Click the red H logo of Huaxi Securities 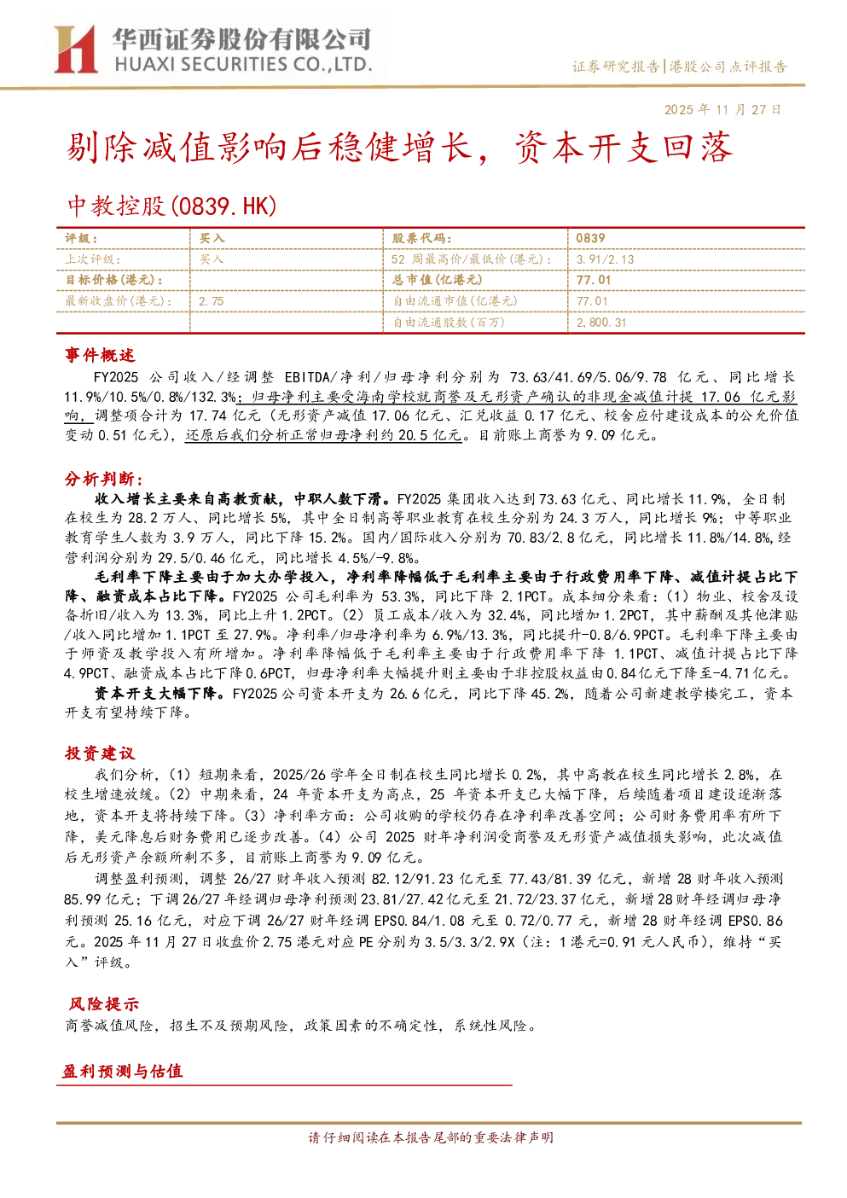(x=75, y=49)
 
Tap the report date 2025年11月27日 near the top (x=722, y=109)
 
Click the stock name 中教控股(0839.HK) (x=171, y=206)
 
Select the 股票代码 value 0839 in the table (x=590, y=238)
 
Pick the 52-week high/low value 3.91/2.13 (x=605, y=259)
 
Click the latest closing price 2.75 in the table (x=212, y=301)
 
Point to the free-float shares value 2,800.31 (x=601, y=323)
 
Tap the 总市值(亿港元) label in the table (x=438, y=280)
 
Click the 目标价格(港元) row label (x=114, y=280)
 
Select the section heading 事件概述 (x=100, y=355)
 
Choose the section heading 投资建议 (x=100, y=753)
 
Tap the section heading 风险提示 (x=104, y=1003)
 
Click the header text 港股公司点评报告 (x=728, y=67)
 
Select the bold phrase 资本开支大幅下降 (x=155, y=693)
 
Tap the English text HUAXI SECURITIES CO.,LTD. (x=243, y=64)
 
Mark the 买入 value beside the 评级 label (x=212, y=238)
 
